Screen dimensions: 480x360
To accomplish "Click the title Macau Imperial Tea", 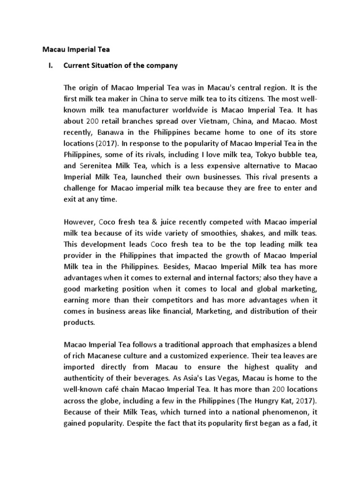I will [x=76, y=49].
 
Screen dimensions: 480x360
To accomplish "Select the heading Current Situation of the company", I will [x=120, y=66].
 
